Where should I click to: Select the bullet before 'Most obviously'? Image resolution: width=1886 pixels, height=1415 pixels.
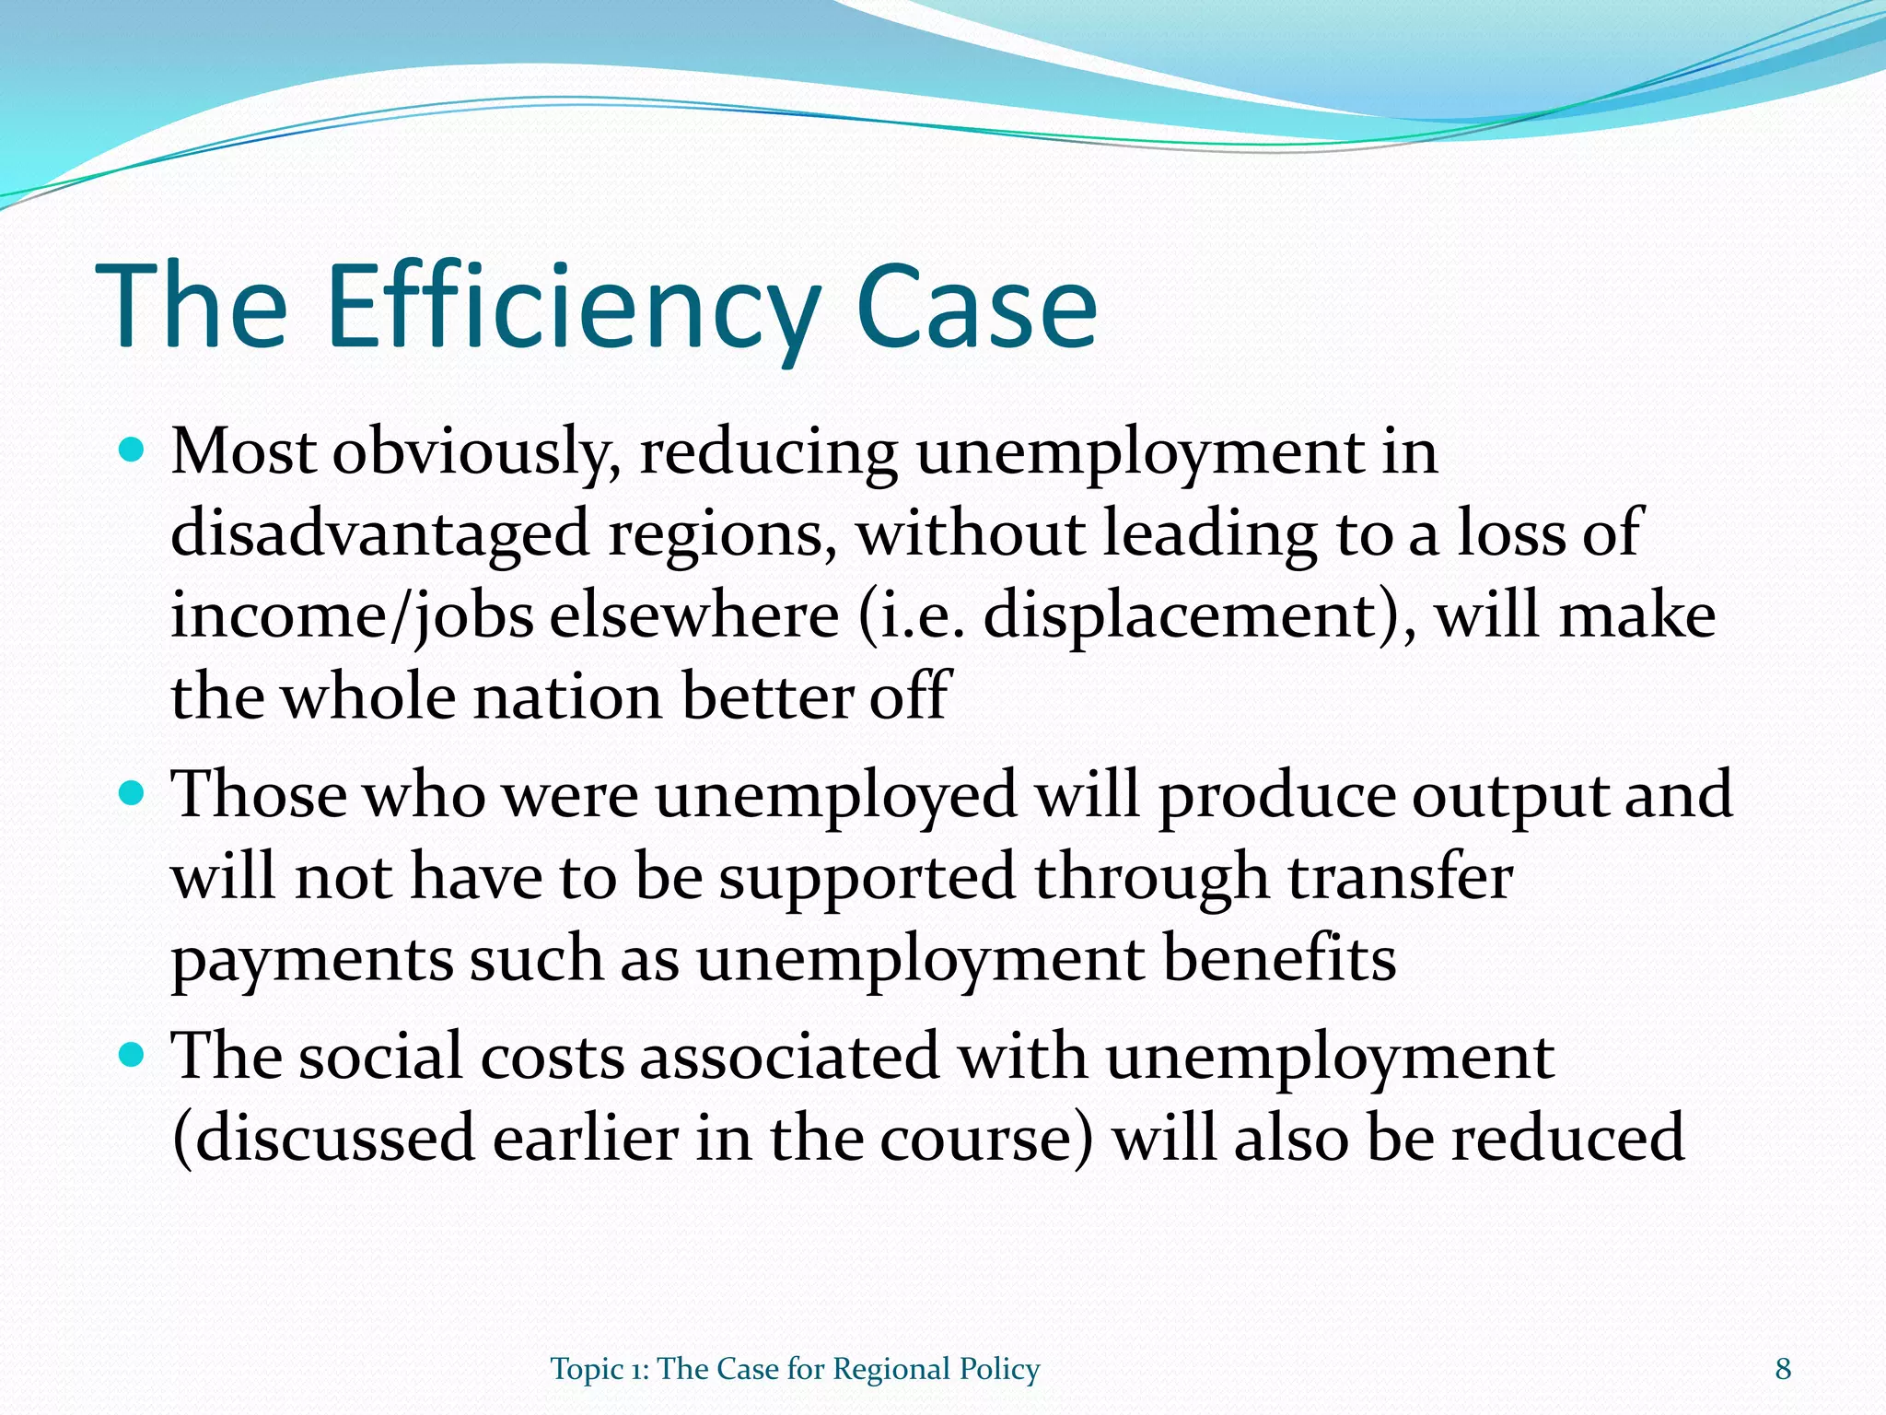(133, 451)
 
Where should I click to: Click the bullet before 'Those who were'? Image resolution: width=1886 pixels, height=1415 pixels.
(133, 792)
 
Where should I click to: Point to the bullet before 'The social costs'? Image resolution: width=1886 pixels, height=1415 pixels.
(133, 1054)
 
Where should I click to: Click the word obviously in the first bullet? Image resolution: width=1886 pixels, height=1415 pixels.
(476, 453)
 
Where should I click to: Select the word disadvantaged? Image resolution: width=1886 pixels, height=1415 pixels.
(379, 534)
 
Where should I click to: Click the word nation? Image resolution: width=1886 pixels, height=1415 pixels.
(566, 696)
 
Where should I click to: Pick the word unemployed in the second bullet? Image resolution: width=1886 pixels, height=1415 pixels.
(835, 794)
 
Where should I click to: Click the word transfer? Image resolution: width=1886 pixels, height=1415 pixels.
(1400, 876)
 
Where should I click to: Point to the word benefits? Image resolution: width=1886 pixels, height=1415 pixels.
(1280, 958)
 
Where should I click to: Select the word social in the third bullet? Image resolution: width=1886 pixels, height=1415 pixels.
(380, 1056)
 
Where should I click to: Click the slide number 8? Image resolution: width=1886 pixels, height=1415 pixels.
(1783, 1369)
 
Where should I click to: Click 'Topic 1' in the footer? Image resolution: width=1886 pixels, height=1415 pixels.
(599, 1370)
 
